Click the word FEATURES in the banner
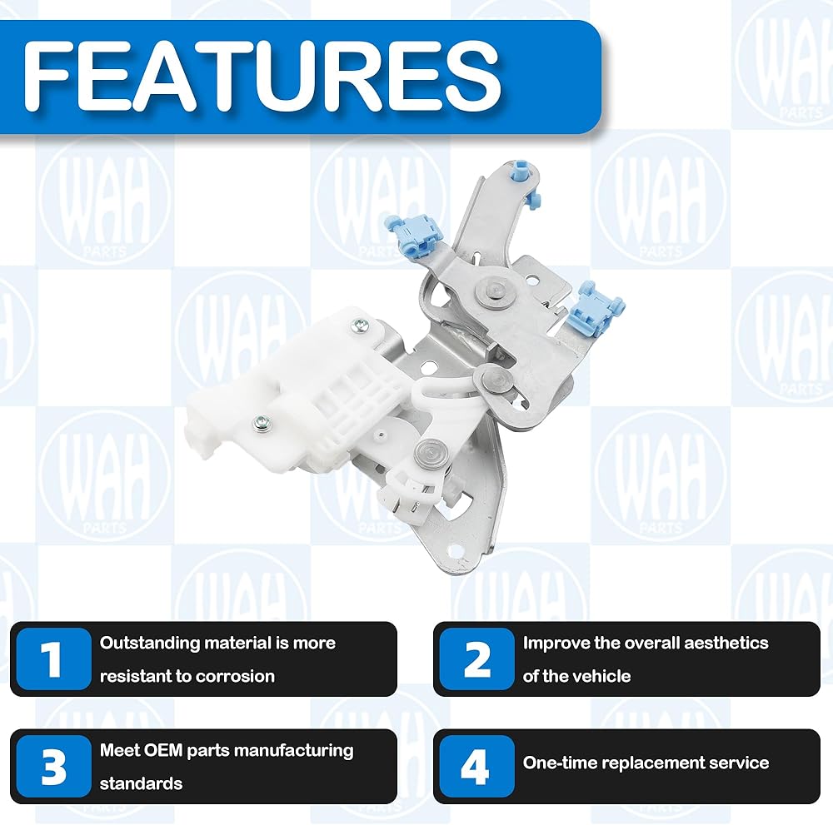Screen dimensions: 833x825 [x=262, y=76]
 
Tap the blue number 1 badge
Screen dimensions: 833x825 [x=53, y=659]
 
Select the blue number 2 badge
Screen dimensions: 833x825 [x=477, y=659]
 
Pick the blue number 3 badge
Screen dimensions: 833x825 [x=53, y=766]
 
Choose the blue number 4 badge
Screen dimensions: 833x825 [x=477, y=766]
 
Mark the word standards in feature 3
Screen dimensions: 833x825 [x=141, y=783]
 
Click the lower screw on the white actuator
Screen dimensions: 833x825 [x=262, y=423]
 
